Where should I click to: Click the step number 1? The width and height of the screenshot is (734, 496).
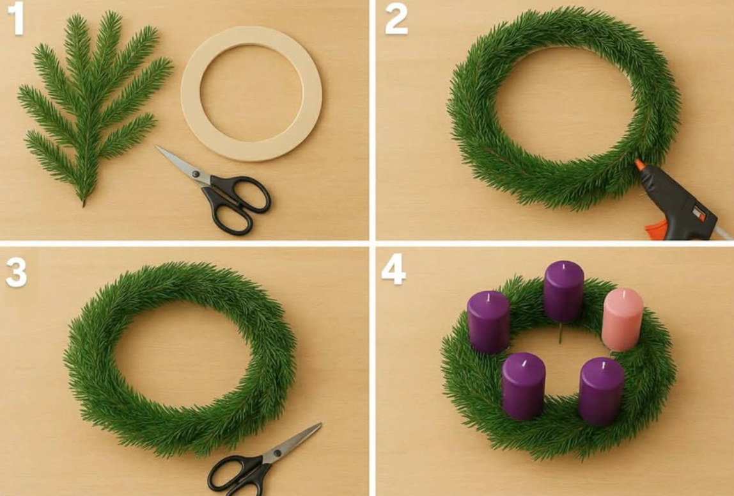coord(17,18)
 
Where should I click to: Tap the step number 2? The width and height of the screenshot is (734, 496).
coord(396,20)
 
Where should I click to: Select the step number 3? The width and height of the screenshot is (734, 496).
coord(17,272)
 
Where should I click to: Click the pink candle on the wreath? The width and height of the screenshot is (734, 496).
coord(623,319)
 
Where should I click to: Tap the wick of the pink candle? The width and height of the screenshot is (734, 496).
coord(624,293)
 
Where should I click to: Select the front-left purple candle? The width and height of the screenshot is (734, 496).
coord(524,387)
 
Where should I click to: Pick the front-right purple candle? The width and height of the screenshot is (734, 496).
coord(602,391)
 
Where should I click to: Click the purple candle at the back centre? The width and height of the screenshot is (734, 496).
coord(564,291)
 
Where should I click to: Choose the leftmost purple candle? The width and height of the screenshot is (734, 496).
coord(488,322)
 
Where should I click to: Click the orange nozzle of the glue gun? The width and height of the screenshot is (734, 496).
coord(639,164)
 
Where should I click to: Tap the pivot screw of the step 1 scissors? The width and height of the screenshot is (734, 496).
coord(195,174)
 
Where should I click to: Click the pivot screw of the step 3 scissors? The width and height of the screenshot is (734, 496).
coord(277,453)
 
